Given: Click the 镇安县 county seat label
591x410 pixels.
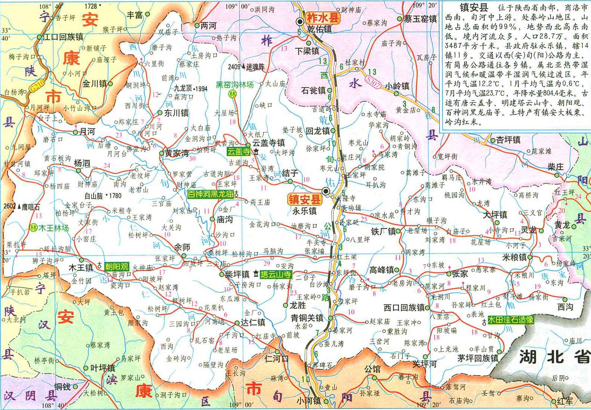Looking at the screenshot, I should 304,199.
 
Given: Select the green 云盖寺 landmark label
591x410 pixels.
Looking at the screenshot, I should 239,152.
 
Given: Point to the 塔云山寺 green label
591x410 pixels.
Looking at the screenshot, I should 276,274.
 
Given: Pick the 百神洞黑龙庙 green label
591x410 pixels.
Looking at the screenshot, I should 211,194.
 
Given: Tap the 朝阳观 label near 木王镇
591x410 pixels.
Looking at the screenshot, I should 116,266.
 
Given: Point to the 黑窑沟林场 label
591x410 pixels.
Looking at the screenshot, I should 235,85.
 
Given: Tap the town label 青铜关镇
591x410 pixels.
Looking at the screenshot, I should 307,318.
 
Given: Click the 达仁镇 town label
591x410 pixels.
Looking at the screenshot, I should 253,322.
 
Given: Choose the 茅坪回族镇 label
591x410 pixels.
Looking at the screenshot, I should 478,358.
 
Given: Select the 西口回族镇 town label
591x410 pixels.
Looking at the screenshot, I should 404,307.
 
